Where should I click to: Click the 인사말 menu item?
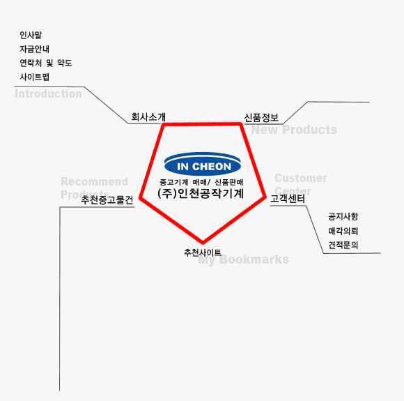tap(31, 35)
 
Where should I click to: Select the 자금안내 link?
tap(35, 49)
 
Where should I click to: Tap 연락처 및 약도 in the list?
tap(46, 63)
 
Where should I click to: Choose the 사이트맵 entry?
tap(35, 77)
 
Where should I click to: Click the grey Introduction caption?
tap(49, 93)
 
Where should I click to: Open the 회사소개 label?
tap(148, 117)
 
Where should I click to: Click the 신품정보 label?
tap(261, 118)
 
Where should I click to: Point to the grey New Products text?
tap(294, 130)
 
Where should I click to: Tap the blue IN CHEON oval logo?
tap(203, 164)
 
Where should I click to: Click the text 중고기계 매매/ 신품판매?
tap(201, 182)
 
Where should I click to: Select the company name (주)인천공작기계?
tap(201, 194)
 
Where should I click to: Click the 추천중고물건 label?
tap(107, 199)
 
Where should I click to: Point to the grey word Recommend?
tap(94, 181)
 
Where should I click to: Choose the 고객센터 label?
tap(288, 199)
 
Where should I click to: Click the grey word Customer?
tap(301, 178)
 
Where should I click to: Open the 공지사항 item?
tap(343, 216)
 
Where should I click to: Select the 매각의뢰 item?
tap(343, 231)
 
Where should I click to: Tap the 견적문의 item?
tap(343, 245)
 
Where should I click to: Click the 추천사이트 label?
tap(203, 252)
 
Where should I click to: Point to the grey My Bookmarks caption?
tap(244, 259)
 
